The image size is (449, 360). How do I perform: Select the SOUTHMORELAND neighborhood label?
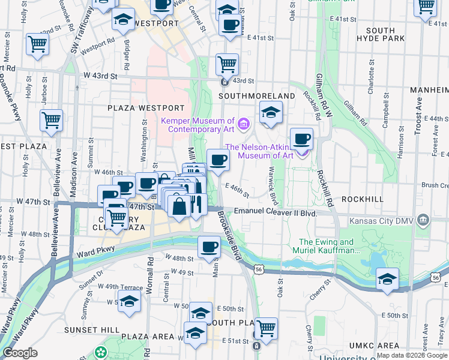[257, 96]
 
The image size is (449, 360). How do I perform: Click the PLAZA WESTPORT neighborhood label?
[146, 108]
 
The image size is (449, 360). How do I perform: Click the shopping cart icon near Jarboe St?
[37, 44]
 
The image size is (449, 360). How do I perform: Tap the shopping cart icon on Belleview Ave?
[52, 119]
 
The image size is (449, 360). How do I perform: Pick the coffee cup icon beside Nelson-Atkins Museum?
[301, 138]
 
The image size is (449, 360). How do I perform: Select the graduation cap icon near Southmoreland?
[271, 111]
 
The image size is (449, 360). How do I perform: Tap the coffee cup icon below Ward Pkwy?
[209, 246]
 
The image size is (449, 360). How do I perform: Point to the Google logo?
[20, 353]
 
